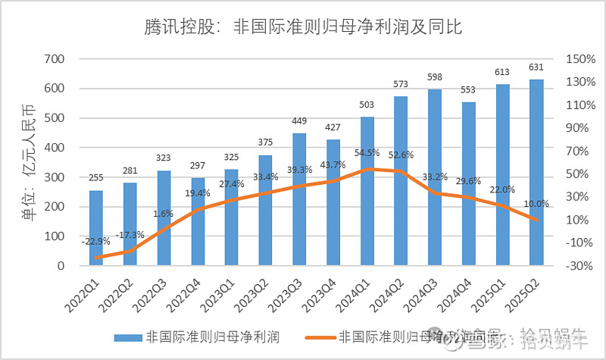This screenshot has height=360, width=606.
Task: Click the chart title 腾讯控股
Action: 303,28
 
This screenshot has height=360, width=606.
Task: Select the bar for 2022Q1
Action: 96,227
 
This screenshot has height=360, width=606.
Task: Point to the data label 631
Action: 536,68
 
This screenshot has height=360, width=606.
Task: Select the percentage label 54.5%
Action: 367,161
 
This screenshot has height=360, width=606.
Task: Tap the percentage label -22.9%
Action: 97,241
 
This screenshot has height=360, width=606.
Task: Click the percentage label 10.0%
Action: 536,204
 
